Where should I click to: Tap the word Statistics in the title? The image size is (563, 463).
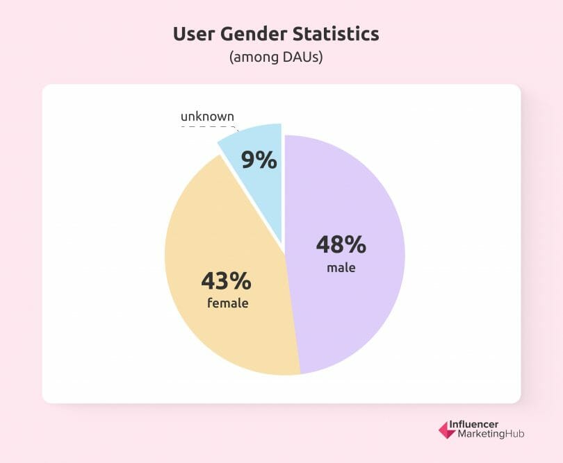(338, 34)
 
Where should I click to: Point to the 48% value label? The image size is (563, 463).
(341, 244)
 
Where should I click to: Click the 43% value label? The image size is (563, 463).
(226, 280)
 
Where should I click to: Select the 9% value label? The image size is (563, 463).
(259, 160)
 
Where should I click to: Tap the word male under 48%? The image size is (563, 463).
(341, 267)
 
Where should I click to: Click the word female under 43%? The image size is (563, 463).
(227, 303)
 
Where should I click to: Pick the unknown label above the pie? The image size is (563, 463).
(207, 116)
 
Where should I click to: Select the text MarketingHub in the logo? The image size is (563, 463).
(491, 435)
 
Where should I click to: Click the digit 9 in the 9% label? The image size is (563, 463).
(249, 160)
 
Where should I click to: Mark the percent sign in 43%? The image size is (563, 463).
(240, 280)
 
